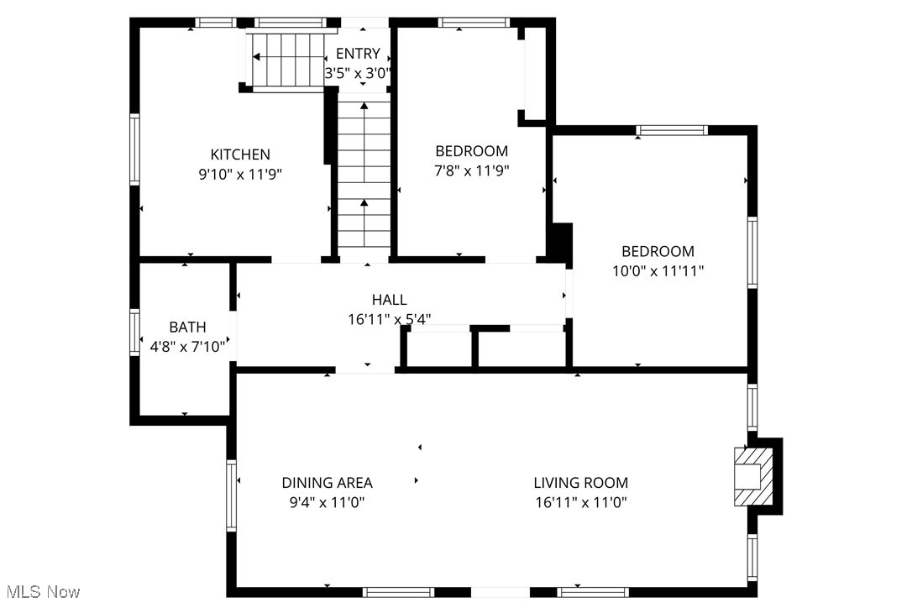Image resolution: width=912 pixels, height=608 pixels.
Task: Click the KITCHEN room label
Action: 240,155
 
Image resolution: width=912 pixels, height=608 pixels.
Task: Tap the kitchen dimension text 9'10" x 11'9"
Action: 240,175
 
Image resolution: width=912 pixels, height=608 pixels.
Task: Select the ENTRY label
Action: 358,54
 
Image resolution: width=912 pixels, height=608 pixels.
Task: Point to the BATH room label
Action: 187,327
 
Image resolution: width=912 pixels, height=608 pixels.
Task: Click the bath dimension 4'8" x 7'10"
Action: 187,346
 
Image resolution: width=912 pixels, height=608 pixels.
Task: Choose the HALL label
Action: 389,300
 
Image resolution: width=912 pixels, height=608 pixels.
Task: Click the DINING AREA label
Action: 327,483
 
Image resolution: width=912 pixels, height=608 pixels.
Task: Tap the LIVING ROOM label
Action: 580,483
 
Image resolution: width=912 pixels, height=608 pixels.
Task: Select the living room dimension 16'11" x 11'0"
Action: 580,502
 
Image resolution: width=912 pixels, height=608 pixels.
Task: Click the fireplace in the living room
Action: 753,476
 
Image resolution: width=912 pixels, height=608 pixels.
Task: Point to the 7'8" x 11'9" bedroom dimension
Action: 471,170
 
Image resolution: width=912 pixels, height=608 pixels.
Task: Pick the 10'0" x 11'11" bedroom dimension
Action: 658,270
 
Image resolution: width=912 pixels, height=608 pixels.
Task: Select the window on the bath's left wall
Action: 134,333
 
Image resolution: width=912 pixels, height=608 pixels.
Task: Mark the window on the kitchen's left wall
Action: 134,149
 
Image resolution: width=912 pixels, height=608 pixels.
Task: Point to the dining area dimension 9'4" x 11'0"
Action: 327,502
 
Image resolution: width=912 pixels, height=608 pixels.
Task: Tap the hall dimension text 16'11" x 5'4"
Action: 389,319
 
